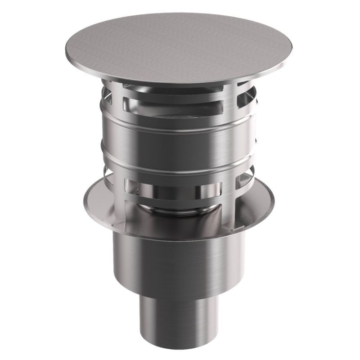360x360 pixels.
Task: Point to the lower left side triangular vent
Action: pyautogui.click(x=105, y=173)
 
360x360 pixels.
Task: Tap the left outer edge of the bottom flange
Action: pyautogui.click(x=84, y=198)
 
